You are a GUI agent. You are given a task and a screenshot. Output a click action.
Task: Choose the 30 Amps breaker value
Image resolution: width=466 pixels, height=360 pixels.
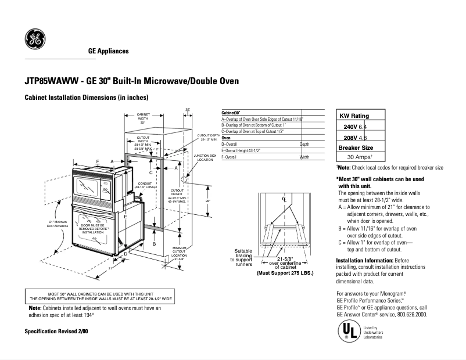tap(359, 157)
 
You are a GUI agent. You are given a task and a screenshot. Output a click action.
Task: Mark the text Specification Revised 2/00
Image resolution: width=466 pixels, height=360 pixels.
tap(56, 331)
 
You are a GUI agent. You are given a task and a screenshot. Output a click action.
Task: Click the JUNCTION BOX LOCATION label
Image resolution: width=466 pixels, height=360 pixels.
tap(205, 157)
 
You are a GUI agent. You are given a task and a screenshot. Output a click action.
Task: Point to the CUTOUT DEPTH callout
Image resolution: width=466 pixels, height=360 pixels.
tap(207, 137)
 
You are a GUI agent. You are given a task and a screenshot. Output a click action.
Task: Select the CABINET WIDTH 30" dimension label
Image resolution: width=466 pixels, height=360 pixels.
tap(143, 118)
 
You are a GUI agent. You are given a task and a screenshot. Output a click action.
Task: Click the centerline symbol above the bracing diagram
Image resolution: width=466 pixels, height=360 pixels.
tap(285, 200)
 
